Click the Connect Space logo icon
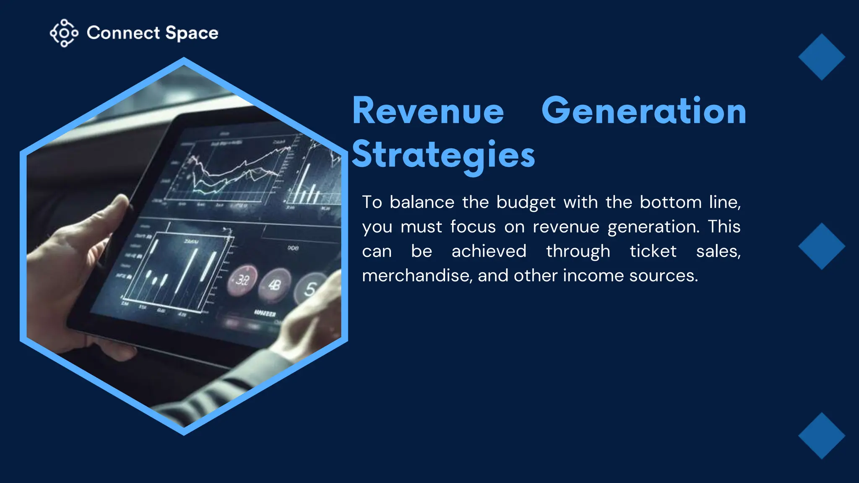[64, 33]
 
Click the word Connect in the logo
[123, 33]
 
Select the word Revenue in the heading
[428, 111]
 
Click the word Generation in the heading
[644, 111]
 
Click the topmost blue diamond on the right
[821, 57]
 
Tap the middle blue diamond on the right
[821, 246]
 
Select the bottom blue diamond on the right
[821, 436]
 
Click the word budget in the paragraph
[526, 203]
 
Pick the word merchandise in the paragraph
[416, 276]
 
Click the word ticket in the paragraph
[653, 252]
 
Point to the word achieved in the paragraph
[489, 252]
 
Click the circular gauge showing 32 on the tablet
[242, 279]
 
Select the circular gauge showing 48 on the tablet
[275, 285]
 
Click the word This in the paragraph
[724, 227]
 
